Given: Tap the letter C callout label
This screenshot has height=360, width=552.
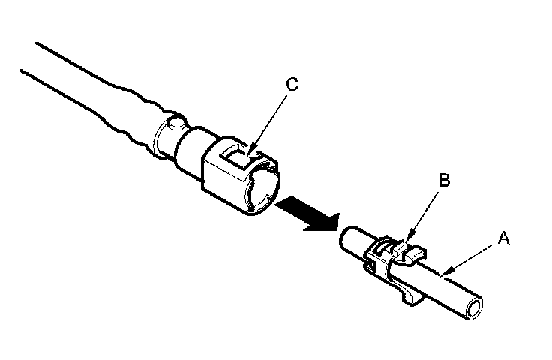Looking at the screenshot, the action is (x=292, y=84).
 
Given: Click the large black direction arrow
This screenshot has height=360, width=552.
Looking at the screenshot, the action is (x=307, y=214).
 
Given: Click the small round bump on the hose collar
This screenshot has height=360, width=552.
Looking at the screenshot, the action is (x=176, y=123).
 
